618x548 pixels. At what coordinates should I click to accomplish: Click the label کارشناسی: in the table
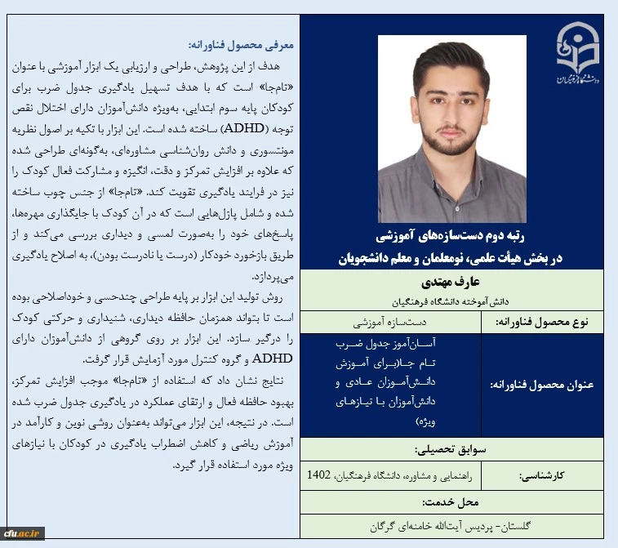(x=549, y=474)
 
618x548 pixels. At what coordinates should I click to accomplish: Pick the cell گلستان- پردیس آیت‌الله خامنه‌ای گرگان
(x=451, y=526)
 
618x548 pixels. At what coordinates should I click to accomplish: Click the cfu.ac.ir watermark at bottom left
(x=24, y=533)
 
